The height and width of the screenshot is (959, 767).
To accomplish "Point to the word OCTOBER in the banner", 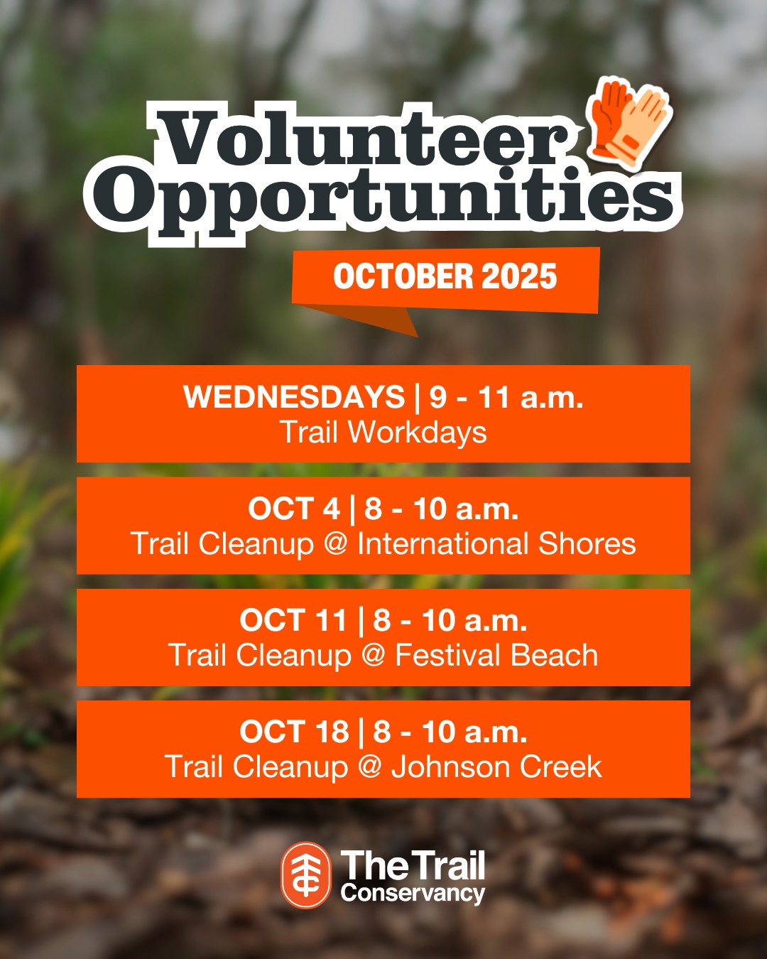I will tap(403, 276).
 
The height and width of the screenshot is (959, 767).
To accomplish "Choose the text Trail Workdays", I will tap(383, 432).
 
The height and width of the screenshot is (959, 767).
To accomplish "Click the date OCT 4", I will tap(294, 509).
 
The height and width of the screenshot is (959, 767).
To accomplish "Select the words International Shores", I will tap(496, 544).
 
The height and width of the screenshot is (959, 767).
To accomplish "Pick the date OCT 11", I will tap(293, 620).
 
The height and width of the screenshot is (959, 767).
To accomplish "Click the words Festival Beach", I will tap(496, 656).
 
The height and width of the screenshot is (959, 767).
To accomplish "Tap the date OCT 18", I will tap(294, 732).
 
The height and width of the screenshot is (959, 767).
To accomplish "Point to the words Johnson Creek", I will tap(496, 767).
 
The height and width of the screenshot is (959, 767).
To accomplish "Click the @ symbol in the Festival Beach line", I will tap(373, 656).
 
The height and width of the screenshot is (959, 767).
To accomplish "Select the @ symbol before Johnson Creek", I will tap(369, 767).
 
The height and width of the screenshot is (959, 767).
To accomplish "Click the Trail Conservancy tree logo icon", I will tap(306, 874).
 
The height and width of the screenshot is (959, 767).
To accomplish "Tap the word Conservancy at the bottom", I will tap(413, 893).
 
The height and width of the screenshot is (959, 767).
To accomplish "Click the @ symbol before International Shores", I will tap(335, 544).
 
